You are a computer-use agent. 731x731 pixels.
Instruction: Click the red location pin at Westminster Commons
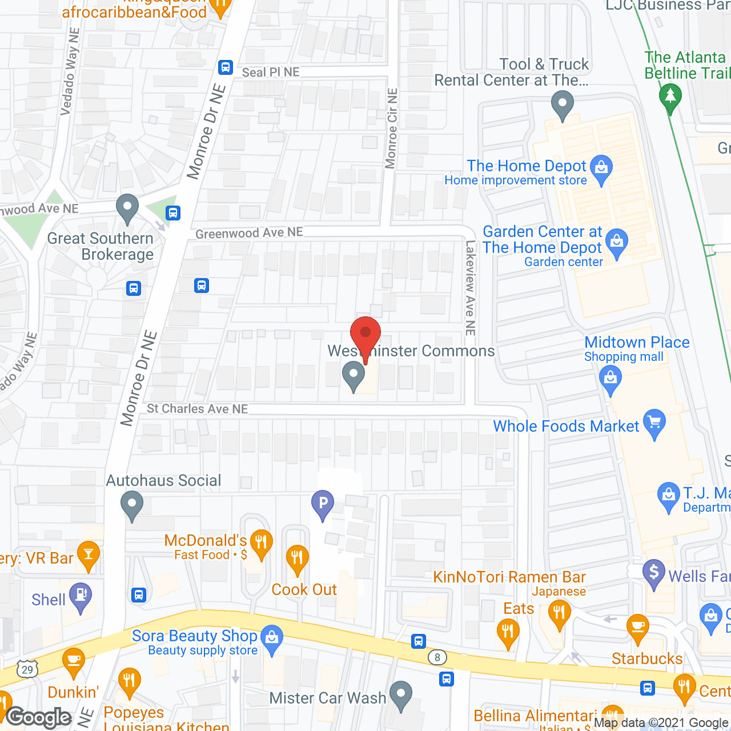(365, 335)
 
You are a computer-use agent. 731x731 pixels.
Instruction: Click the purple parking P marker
(323, 504)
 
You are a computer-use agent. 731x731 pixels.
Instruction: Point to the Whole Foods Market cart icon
(654, 423)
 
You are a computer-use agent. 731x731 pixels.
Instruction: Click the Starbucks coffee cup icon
(637, 627)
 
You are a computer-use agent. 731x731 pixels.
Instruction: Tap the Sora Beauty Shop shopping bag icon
(272, 637)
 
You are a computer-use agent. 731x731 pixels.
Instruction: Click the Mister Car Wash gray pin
(401, 694)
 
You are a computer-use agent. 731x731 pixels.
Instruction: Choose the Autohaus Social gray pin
(132, 505)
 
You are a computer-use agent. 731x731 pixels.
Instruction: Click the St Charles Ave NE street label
(198, 409)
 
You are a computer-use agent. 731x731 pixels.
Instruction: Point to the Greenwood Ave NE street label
(249, 233)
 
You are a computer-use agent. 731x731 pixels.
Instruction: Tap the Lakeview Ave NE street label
(471, 287)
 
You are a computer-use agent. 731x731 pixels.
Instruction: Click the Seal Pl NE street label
(271, 73)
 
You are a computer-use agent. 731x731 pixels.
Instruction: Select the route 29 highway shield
(27, 669)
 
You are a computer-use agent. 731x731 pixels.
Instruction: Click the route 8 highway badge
(437, 657)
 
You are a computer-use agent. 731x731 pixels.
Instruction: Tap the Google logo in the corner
(39, 717)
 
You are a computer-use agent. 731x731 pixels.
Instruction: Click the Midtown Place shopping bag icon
(610, 379)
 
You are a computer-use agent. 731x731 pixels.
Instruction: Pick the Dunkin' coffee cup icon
(73, 661)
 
